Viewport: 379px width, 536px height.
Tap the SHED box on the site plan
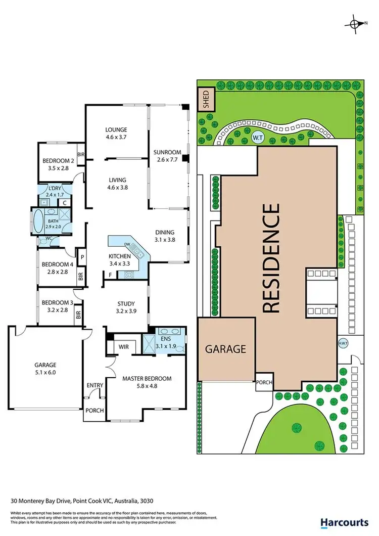click(x=206, y=100)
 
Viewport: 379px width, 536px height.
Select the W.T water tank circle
click(x=258, y=137)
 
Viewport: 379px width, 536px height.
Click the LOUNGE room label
click(x=116, y=129)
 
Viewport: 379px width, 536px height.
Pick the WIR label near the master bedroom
click(x=124, y=347)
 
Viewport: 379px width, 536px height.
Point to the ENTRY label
click(x=94, y=385)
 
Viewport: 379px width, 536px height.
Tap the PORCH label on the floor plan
click(x=94, y=411)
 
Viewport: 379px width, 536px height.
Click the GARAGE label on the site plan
click(x=225, y=349)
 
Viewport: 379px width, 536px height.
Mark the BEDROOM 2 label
click(x=59, y=162)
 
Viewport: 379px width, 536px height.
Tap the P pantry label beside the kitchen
click(x=81, y=257)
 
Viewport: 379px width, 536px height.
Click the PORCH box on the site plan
click(x=264, y=383)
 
